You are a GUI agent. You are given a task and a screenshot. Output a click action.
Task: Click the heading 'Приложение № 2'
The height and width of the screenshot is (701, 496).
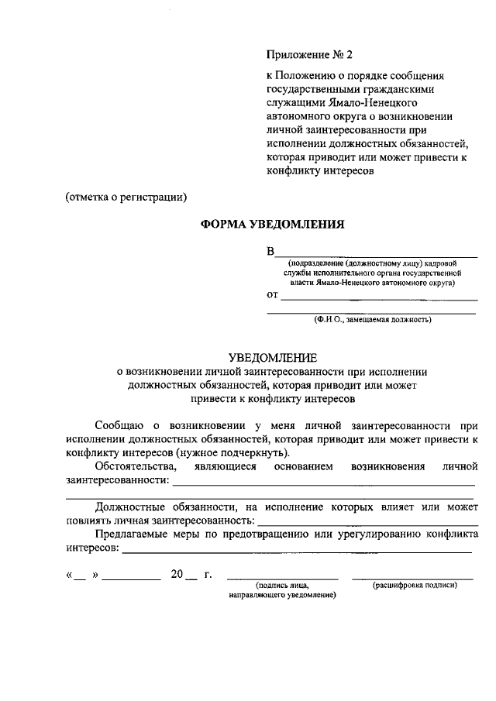click(309, 55)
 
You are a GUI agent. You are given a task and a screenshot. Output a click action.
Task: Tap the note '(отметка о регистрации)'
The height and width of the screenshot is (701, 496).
click(126, 197)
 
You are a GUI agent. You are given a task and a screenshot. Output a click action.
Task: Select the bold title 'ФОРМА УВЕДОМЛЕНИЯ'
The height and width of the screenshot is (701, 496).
click(272, 225)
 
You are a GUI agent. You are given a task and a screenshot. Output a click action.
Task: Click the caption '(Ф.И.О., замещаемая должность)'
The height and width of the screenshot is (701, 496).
click(372, 319)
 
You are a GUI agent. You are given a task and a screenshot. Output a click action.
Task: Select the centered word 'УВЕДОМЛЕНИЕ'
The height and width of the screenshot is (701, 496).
click(272, 358)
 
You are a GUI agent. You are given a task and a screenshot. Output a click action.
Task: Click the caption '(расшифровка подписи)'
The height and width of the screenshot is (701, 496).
click(415, 586)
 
